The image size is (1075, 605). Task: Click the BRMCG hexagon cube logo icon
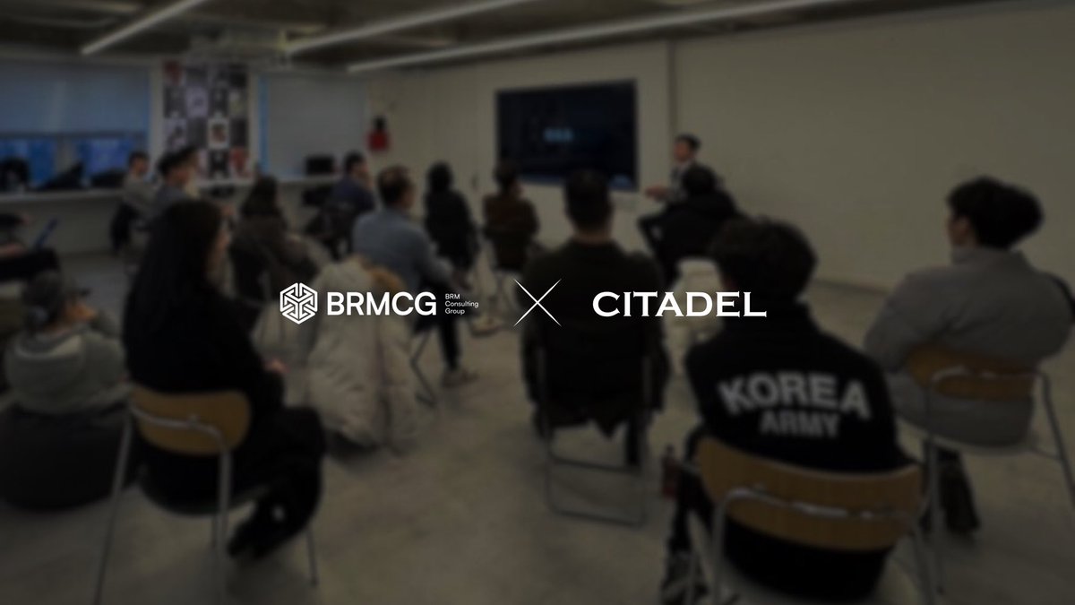tap(298, 302)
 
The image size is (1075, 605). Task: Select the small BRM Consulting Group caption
tap(465, 302)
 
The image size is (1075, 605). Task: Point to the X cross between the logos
tap(537, 302)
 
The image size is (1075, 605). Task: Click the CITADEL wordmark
tap(678, 303)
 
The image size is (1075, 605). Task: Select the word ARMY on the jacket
tap(799, 425)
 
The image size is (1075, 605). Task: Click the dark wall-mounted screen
tap(566, 134)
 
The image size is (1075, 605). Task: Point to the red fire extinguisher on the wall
tap(379, 134)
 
